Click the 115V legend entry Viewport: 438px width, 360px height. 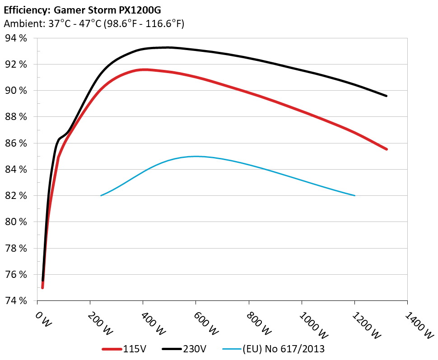click(x=125, y=349)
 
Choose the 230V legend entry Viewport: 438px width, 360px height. click(x=185, y=349)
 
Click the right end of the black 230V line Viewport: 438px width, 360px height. click(x=387, y=96)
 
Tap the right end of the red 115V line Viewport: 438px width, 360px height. click(x=387, y=149)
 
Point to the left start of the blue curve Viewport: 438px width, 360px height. click(x=101, y=195)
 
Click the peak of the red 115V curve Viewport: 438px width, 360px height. click(x=144, y=69)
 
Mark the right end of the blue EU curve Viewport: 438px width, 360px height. click(x=355, y=195)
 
